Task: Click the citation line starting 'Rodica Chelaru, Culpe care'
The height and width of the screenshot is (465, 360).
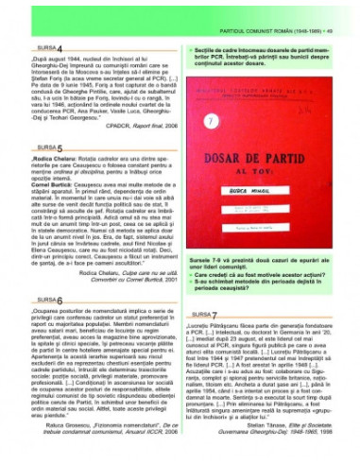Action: pos(113,267)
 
